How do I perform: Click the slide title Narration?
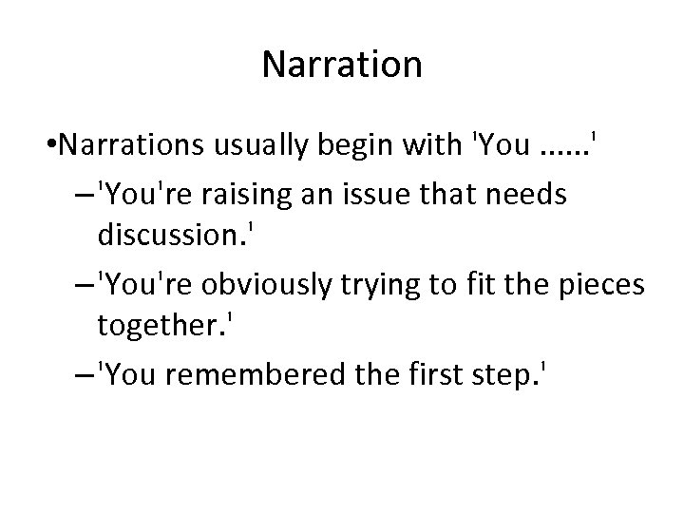coord(341,66)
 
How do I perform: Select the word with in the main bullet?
coord(426,146)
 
